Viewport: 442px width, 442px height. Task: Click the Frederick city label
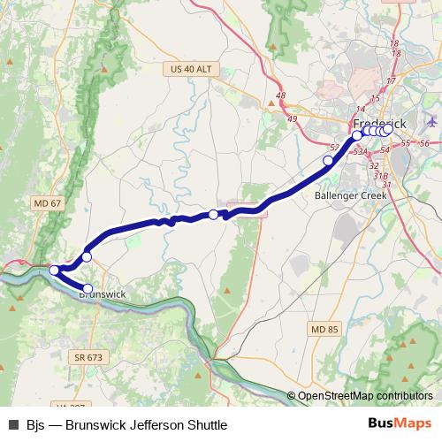point(379,123)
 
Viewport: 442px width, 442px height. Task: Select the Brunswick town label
point(102,294)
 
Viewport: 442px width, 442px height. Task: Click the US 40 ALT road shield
point(191,68)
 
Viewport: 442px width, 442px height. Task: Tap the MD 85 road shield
point(324,329)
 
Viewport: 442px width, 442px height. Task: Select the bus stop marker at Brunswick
point(88,288)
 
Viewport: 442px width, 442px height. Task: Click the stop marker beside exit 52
point(328,160)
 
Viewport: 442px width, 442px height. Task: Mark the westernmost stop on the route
point(54,270)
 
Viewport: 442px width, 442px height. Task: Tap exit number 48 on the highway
point(281,96)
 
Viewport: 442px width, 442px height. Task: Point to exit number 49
point(293,117)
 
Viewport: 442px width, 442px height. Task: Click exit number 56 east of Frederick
point(424,143)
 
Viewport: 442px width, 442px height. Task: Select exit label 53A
point(360,152)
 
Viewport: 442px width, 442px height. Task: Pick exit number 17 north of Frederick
point(391,80)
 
